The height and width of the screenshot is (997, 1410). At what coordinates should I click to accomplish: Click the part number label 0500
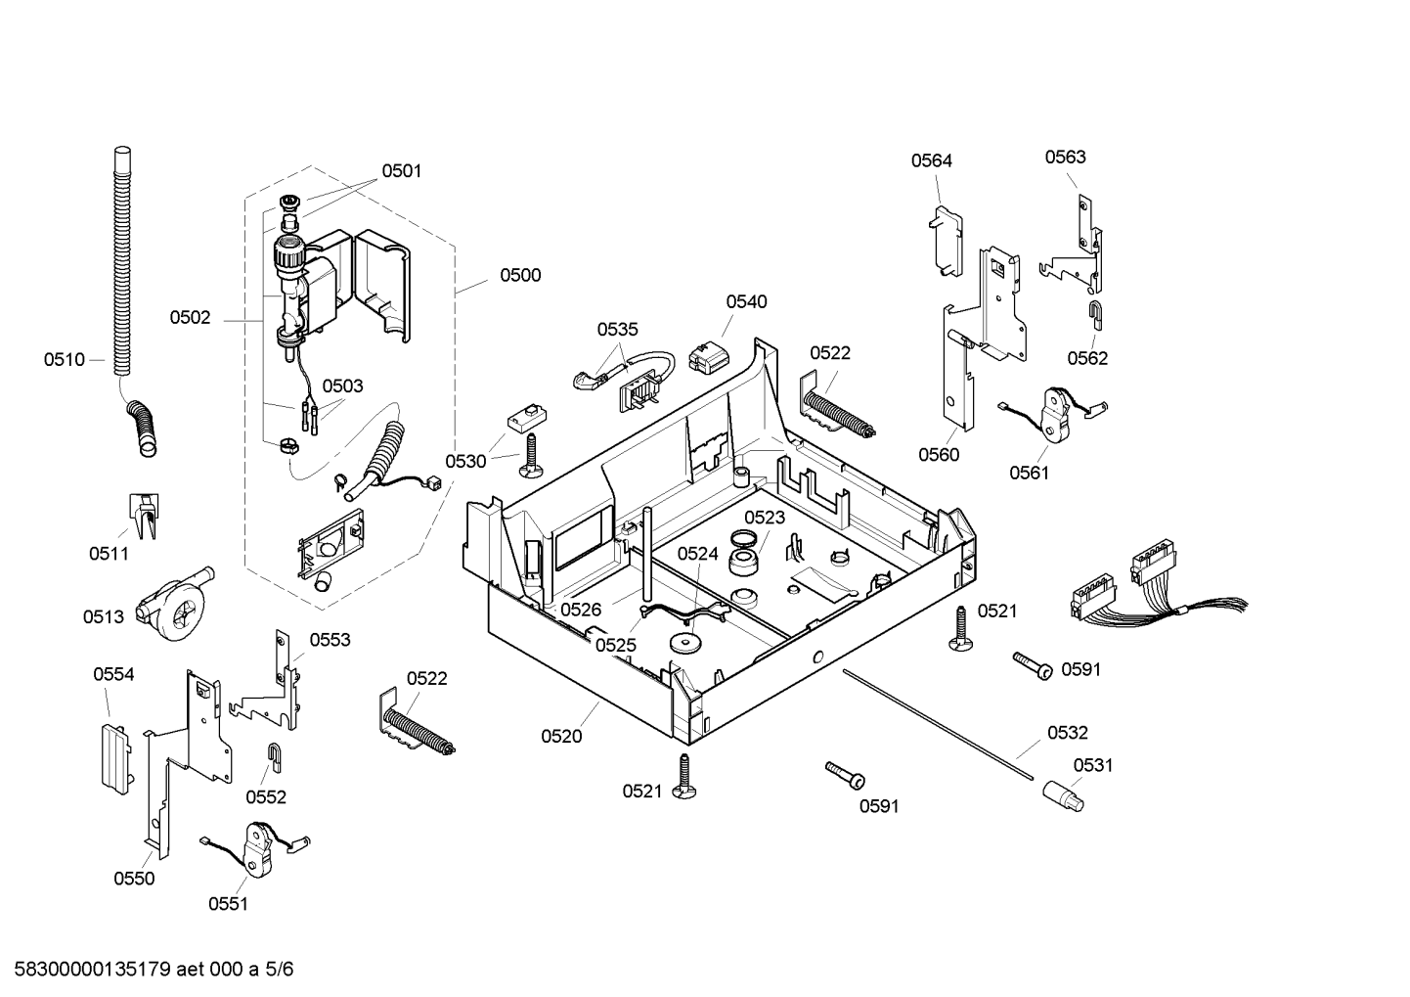[520, 275]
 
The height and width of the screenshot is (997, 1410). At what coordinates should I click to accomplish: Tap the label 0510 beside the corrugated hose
[65, 360]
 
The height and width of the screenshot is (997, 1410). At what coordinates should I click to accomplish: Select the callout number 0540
[746, 301]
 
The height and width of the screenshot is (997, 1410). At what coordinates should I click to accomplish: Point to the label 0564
[932, 160]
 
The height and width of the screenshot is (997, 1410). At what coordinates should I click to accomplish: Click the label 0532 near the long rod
[1068, 733]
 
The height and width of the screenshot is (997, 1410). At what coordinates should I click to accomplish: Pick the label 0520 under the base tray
[561, 737]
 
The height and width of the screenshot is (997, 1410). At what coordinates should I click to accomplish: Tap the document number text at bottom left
[154, 969]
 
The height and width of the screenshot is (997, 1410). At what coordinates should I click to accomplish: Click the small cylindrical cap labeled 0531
[1064, 796]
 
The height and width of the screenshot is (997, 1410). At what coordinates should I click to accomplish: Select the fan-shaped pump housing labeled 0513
[175, 605]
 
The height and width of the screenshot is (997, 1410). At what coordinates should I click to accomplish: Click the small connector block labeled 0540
[708, 357]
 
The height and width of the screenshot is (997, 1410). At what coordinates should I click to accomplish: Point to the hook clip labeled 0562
[1096, 315]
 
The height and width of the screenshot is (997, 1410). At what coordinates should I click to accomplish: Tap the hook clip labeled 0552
[275, 757]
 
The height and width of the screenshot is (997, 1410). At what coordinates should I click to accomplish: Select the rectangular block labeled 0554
[117, 759]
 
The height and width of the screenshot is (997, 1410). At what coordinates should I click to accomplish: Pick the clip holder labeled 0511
[144, 516]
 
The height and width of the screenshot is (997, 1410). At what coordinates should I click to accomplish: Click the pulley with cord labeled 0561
[1055, 412]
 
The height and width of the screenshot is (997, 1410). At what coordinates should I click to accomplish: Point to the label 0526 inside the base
[581, 610]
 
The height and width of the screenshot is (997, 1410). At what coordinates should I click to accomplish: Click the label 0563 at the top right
[1065, 157]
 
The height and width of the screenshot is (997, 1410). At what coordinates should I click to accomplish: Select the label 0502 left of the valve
[190, 317]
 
